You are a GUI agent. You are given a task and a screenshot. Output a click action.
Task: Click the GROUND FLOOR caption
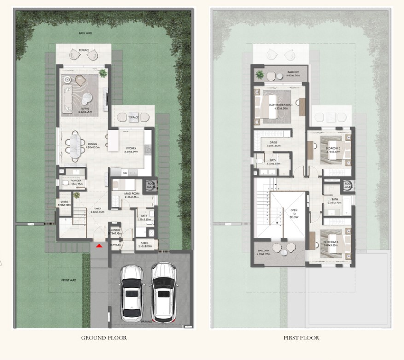pyautogui.click(x=104, y=337)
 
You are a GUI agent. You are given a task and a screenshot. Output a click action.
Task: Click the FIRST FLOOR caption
pyautogui.click(x=301, y=337)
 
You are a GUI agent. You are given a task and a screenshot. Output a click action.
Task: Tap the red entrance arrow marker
pyautogui.click(x=98, y=247)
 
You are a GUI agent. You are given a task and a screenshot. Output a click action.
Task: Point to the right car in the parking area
pyautogui.click(x=162, y=292)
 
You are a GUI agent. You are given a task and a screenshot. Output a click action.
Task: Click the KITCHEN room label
pyautogui.click(x=131, y=150)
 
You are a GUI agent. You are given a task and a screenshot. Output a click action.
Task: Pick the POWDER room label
pyautogui.click(x=76, y=181)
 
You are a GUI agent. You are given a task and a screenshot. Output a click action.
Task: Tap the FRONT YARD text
pyautogui.click(x=68, y=280)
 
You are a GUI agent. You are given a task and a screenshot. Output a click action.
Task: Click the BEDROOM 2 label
pyautogui.click(x=333, y=149)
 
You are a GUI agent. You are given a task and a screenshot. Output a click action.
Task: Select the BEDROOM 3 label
pyautogui.click(x=331, y=243)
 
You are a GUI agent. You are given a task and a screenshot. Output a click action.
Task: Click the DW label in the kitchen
pyautogui.click(x=124, y=173)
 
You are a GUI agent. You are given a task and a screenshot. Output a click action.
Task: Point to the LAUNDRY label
pyautogui.click(x=115, y=232)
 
